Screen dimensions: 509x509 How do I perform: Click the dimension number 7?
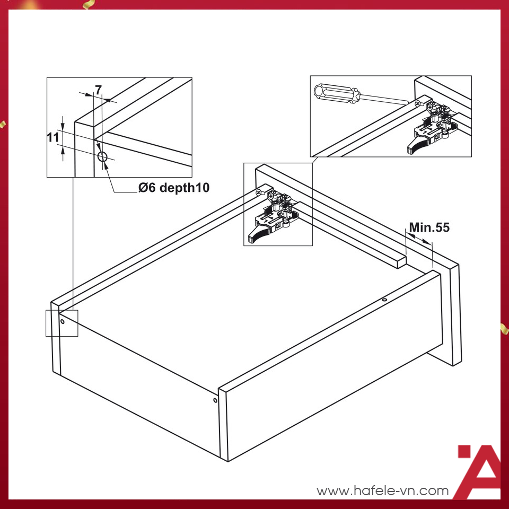tap(99, 90)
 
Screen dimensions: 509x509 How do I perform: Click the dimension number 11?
tap(53, 138)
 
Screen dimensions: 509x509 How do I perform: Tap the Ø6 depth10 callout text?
tap(174, 188)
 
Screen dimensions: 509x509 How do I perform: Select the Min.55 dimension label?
tap(429, 227)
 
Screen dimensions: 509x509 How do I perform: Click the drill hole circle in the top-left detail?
tap(102, 157)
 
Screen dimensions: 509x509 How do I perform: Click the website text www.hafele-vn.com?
tap(382, 491)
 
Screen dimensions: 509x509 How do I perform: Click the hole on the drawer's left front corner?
tap(63, 322)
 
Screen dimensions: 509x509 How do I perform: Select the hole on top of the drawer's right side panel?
tap(384, 300)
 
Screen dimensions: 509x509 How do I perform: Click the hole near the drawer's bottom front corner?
tap(215, 400)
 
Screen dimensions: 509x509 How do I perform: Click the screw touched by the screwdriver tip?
tap(418, 103)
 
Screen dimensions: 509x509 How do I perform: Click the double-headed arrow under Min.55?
tap(419, 239)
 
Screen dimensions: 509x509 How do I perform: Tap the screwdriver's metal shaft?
tap(384, 99)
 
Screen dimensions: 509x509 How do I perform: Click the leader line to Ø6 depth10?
tap(117, 182)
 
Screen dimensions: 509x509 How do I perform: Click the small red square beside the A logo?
tap(464, 451)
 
